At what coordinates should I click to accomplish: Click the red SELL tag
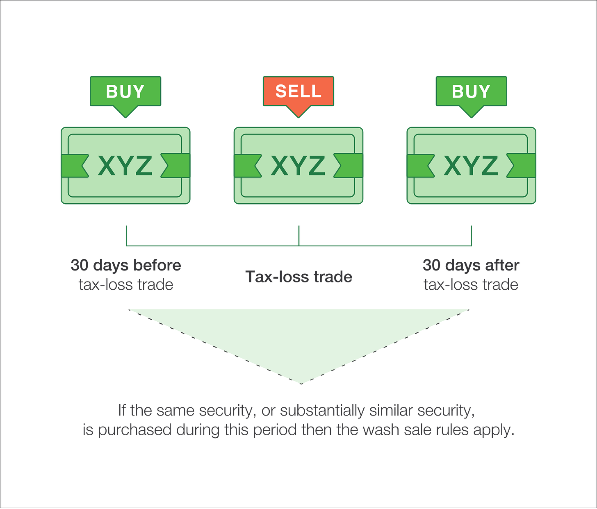pyautogui.click(x=298, y=91)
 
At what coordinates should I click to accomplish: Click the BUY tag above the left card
pyautogui.click(x=125, y=91)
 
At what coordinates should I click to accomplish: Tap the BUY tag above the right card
pyautogui.click(x=471, y=91)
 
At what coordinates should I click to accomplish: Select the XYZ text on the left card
pyautogui.click(x=125, y=166)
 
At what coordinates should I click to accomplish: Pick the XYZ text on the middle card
pyautogui.click(x=298, y=166)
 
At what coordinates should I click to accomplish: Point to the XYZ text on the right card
pyautogui.click(x=471, y=166)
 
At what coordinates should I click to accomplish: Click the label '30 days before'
pyautogui.click(x=126, y=265)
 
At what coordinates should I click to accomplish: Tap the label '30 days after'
pyautogui.click(x=471, y=265)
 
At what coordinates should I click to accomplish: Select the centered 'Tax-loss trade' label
pyautogui.click(x=299, y=277)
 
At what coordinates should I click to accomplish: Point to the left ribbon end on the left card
pyautogui.click(x=74, y=166)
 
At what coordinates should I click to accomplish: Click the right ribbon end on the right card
pyautogui.click(x=522, y=166)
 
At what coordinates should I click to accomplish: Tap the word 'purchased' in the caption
pyautogui.click(x=134, y=429)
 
